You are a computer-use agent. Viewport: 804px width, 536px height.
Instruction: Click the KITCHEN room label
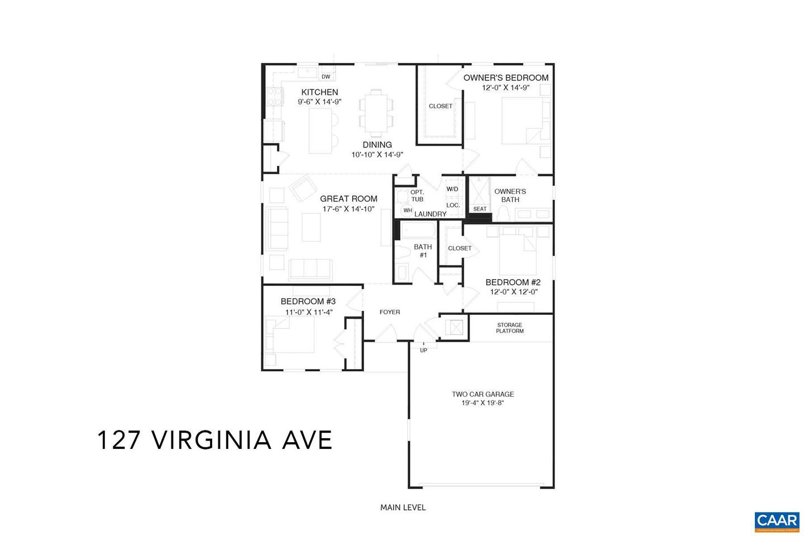click(x=319, y=92)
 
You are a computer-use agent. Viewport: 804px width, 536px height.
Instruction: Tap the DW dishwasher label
click(x=326, y=77)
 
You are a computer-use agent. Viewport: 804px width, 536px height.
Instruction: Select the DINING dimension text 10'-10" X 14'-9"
click(x=377, y=155)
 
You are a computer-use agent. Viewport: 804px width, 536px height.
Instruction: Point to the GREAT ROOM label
click(x=348, y=199)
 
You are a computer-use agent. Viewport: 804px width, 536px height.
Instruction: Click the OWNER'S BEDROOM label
click(x=506, y=78)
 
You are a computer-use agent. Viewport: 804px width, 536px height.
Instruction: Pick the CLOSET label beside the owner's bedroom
click(x=441, y=106)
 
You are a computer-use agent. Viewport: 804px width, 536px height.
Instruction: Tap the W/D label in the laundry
click(x=452, y=189)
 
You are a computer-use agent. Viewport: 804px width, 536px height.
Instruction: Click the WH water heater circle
click(x=408, y=210)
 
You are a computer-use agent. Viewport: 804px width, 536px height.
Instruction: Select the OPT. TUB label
click(x=417, y=196)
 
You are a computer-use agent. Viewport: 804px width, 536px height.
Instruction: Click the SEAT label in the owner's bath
click(x=480, y=209)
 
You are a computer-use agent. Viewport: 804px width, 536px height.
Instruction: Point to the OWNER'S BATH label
click(x=510, y=195)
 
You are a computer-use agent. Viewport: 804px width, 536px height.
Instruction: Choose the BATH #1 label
click(x=423, y=251)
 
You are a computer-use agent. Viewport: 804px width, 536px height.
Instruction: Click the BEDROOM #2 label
click(x=513, y=283)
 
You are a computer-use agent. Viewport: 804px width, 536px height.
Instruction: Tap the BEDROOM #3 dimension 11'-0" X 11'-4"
click(x=309, y=312)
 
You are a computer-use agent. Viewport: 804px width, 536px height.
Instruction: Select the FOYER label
click(x=390, y=312)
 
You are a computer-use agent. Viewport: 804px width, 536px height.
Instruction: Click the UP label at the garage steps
click(x=423, y=351)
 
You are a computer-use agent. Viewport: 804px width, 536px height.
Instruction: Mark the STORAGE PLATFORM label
click(x=510, y=328)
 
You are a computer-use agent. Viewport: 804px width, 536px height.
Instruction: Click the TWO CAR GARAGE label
click(x=483, y=394)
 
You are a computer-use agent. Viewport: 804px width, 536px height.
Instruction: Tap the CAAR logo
click(x=777, y=520)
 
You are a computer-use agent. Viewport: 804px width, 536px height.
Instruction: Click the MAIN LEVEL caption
click(x=403, y=508)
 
